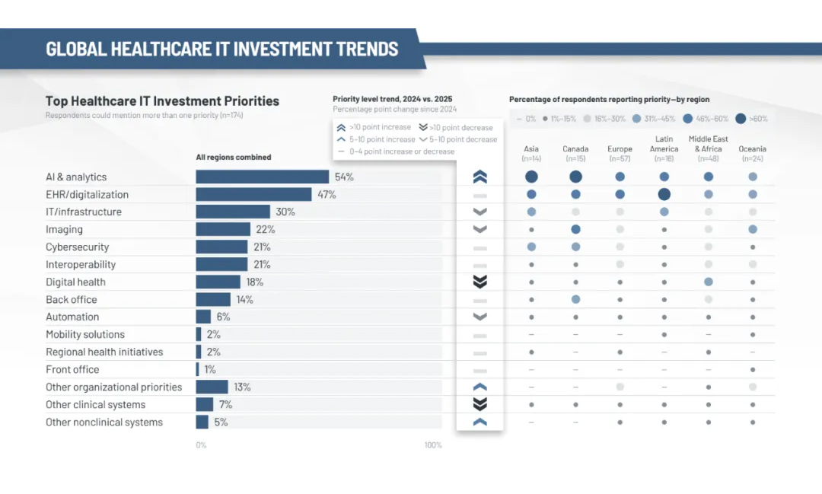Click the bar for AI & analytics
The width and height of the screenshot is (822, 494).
(262, 177)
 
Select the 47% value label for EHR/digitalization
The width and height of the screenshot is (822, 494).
(327, 195)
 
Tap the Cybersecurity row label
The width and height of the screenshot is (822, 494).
(77, 247)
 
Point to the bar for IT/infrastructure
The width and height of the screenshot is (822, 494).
(233, 212)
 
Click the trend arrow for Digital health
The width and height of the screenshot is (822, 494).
(479, 282)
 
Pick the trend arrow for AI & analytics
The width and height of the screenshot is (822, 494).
(479, 177)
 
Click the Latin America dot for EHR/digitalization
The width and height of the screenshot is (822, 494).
(664, 195)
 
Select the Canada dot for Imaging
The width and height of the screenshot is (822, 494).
(575, 229)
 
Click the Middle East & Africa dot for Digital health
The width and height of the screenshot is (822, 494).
(708, 282)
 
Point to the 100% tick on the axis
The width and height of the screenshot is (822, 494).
(432, 445)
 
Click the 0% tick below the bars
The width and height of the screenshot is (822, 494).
(201, 445)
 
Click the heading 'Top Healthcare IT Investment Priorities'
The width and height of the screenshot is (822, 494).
(162, 101)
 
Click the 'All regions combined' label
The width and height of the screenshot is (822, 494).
(233, 158)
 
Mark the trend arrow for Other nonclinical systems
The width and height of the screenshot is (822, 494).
(479, 422)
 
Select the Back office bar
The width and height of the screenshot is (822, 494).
(213, 300)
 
